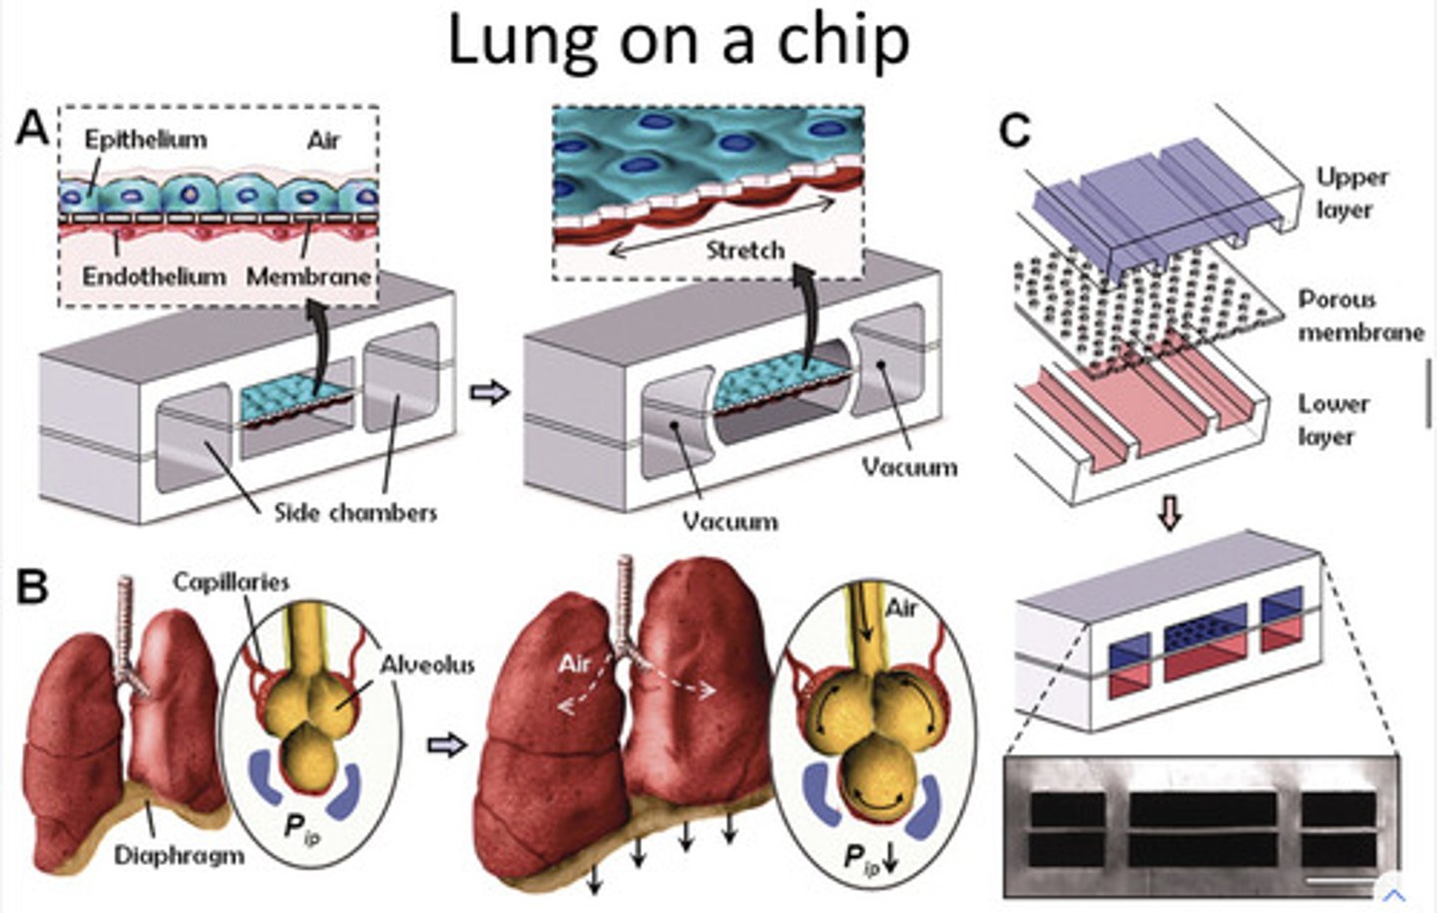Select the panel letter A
[x=32, y=129]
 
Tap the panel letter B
[x=32, y=587]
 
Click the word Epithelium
[x=146, y=140]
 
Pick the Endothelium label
[x=154, y=275]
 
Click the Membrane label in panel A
[x=308, y=275]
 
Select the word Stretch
[x=745, y=249]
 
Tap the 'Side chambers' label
[x=355, y=513]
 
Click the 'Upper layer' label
[x=1351, y=194]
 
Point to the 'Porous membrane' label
[x=1360, y=315]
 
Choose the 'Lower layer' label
[x=1332, y=420]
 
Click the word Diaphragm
[x=179, y=855]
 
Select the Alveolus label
[x=426, y=665]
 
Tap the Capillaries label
[x=231, y=582]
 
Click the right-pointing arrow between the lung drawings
[x=446, y=744]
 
